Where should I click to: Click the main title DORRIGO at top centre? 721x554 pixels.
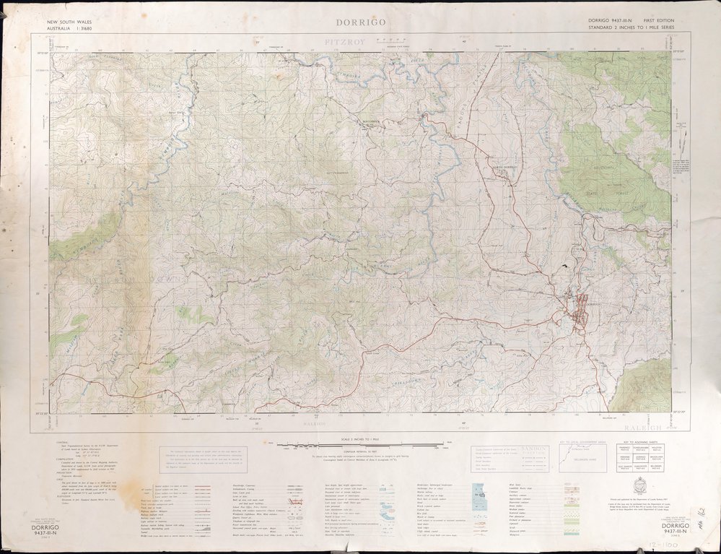(360, 22)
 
